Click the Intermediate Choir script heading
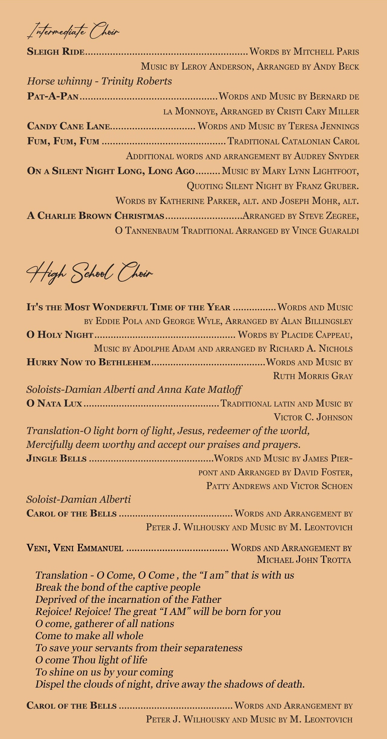click(73, 31)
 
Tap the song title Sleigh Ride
click(56, 52)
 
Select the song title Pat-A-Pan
click(53, 97)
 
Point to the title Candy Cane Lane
click(68, 126)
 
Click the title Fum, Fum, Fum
click(63, 141)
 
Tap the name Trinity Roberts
click(136, 81)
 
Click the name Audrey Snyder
click(327, 156)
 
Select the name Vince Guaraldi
click(325, 231)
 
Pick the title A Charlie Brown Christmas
click(96, 216)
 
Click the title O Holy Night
click(60, 335)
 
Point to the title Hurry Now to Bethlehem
click(89, 362)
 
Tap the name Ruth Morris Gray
click(313, 376)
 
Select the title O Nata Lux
click(54, 403)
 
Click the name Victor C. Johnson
click(313, 417)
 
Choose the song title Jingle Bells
click(57, 458)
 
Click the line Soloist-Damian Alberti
click(79, 499)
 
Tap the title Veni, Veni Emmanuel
click(75, 548)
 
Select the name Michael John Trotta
click(304, 560)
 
